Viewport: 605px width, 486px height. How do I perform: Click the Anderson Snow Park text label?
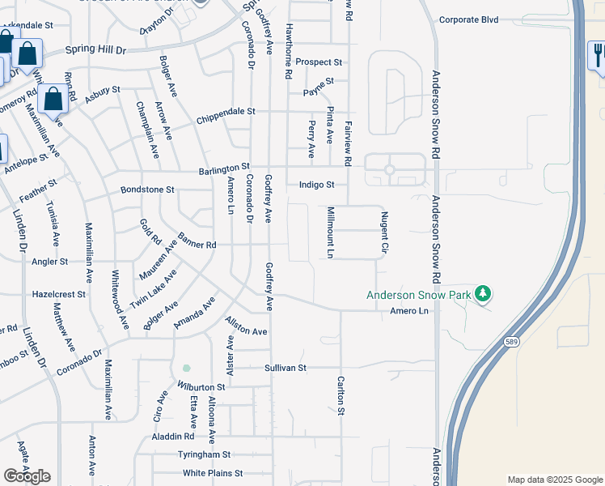(419, 296)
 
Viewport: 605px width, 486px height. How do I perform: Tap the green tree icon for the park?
(483, 292)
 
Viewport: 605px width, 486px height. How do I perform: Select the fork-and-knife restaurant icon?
(597, 55)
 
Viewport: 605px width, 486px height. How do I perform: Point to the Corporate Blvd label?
(468, 19)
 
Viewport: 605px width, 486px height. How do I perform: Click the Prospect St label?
(319, 62)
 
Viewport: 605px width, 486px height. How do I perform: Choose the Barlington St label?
(225, 170)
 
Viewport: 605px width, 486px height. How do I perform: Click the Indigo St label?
(317, 185)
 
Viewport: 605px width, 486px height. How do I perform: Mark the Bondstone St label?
(147, 190)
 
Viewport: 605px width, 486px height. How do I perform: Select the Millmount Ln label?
(331, 232)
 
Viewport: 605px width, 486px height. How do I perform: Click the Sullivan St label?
(286, 368)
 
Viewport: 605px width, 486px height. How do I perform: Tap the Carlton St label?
(341, 396)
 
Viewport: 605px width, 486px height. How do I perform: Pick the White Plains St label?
(213, 473)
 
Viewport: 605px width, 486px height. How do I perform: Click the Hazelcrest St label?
(59, 294)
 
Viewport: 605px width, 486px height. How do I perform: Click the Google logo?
(27, 476)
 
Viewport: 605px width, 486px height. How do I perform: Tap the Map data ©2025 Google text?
(554, 480)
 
